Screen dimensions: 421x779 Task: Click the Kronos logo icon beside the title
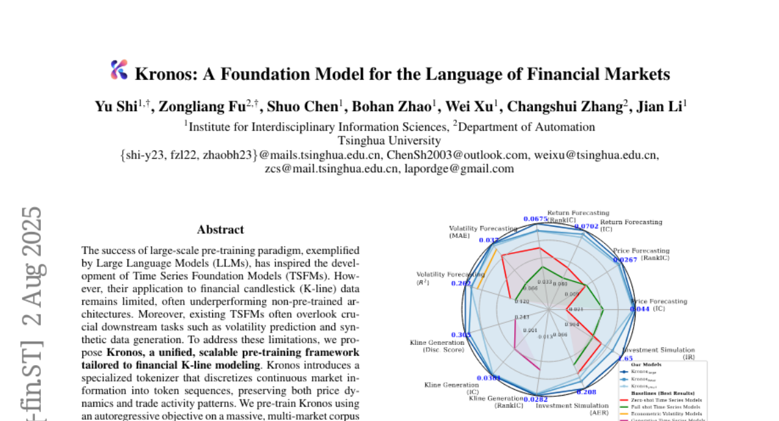[119, 70]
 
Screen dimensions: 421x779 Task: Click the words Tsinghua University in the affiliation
[389, 140]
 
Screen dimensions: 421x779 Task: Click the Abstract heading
[221, 229]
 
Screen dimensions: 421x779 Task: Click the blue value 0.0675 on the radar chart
[535, 219]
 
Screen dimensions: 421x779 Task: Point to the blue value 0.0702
[586, 226]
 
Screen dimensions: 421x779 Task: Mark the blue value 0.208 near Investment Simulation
[586, 392]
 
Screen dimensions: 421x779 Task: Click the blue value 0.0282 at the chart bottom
[536, 399]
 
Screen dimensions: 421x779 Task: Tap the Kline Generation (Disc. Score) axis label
[437, 346]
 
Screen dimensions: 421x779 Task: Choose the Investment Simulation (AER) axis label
[572, 409]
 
